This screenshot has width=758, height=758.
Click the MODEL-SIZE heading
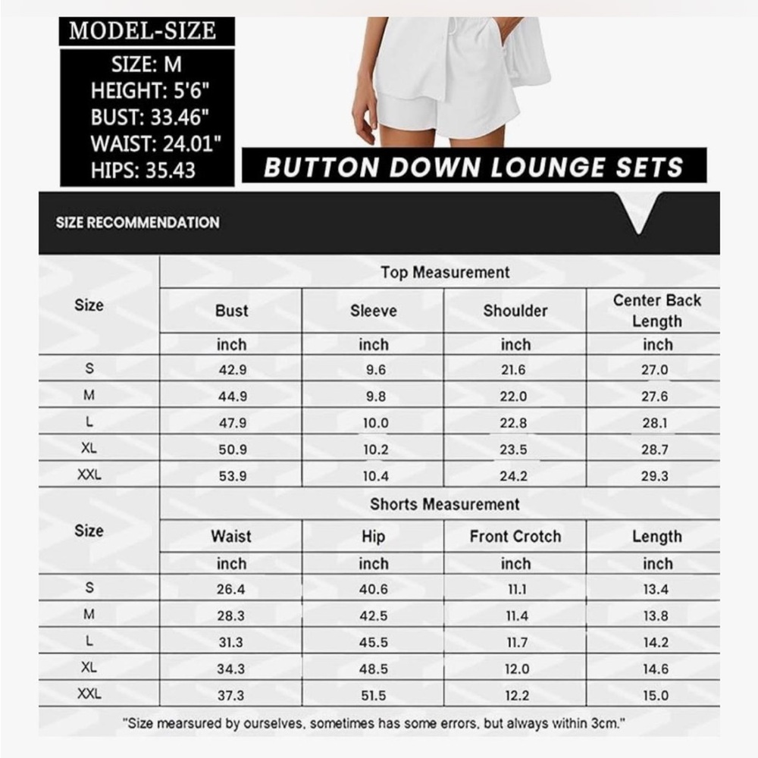click(x=143, y=30)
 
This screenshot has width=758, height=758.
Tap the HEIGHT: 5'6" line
click(x=150, y=91)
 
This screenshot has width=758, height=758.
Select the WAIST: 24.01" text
click(x=155, y=143)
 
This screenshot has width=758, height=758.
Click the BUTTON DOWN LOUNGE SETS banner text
click(x=474, y=167)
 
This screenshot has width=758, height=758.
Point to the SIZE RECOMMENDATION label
click(x=137, y=222)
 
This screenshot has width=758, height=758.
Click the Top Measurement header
click(x=445, y=272)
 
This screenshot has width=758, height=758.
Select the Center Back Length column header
click(x=657, y=310)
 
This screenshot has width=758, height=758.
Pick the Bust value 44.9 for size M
click(x=232, y=396)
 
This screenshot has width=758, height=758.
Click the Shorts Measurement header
click(x=445, y=504)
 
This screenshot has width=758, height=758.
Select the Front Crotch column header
click(x=515, y=537)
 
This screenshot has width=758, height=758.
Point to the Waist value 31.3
click(x=230, y=642)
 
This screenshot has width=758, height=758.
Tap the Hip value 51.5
click(x=374, y=695)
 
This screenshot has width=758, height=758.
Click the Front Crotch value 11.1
click(x=515, y=589)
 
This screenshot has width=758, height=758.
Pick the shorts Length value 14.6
click(x=655, y=669)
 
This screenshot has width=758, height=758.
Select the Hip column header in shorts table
click(x=374, y=537)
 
